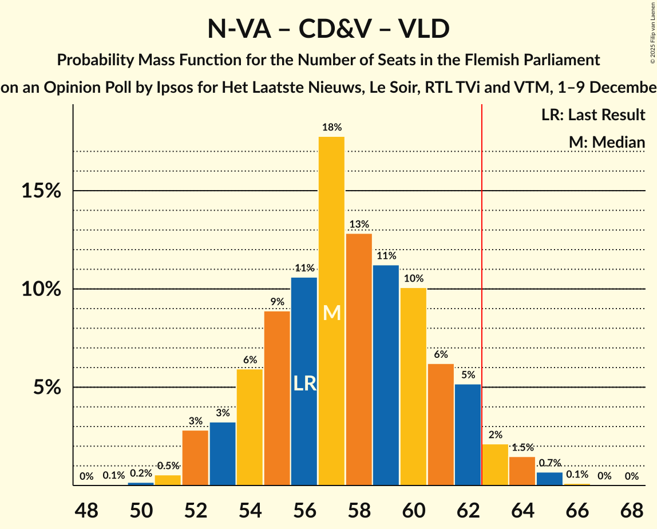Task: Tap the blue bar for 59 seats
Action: [x=386, y=375]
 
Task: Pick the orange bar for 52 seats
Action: [x=195, y=458]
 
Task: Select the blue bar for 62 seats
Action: [x=468, y=435]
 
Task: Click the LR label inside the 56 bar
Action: [x=304, y=383]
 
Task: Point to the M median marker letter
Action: [x=332, y=313]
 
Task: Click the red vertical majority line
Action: [x=482, y=286]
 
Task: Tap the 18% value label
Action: [x=332, y=127]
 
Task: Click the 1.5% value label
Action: [x=522, y=448]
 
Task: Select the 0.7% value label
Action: [x=549, y=463]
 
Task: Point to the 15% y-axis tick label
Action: [x=41, y=191]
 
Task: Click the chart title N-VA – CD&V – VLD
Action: [x=328, y=29]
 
